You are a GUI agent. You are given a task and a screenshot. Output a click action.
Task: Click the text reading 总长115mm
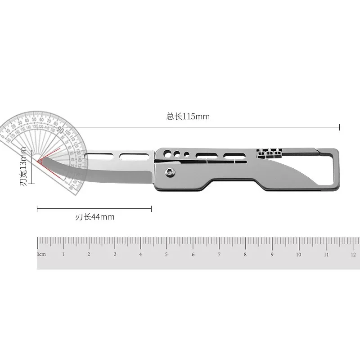[188, 117]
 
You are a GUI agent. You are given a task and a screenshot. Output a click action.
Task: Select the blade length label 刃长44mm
[94, 217]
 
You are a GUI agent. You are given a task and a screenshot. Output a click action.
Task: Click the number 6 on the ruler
[193, 254]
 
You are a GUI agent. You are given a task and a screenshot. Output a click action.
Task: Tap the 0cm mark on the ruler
[41, 254]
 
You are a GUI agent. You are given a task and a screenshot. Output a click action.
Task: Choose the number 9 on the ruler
[272, 254]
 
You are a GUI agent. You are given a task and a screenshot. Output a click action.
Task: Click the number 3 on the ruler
[115, 254]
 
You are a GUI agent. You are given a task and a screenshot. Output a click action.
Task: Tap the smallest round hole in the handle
[187, 154]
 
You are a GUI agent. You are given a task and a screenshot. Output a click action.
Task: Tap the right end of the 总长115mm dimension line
[339, 128]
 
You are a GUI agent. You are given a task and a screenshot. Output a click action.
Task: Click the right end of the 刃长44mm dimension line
[152, 208]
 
